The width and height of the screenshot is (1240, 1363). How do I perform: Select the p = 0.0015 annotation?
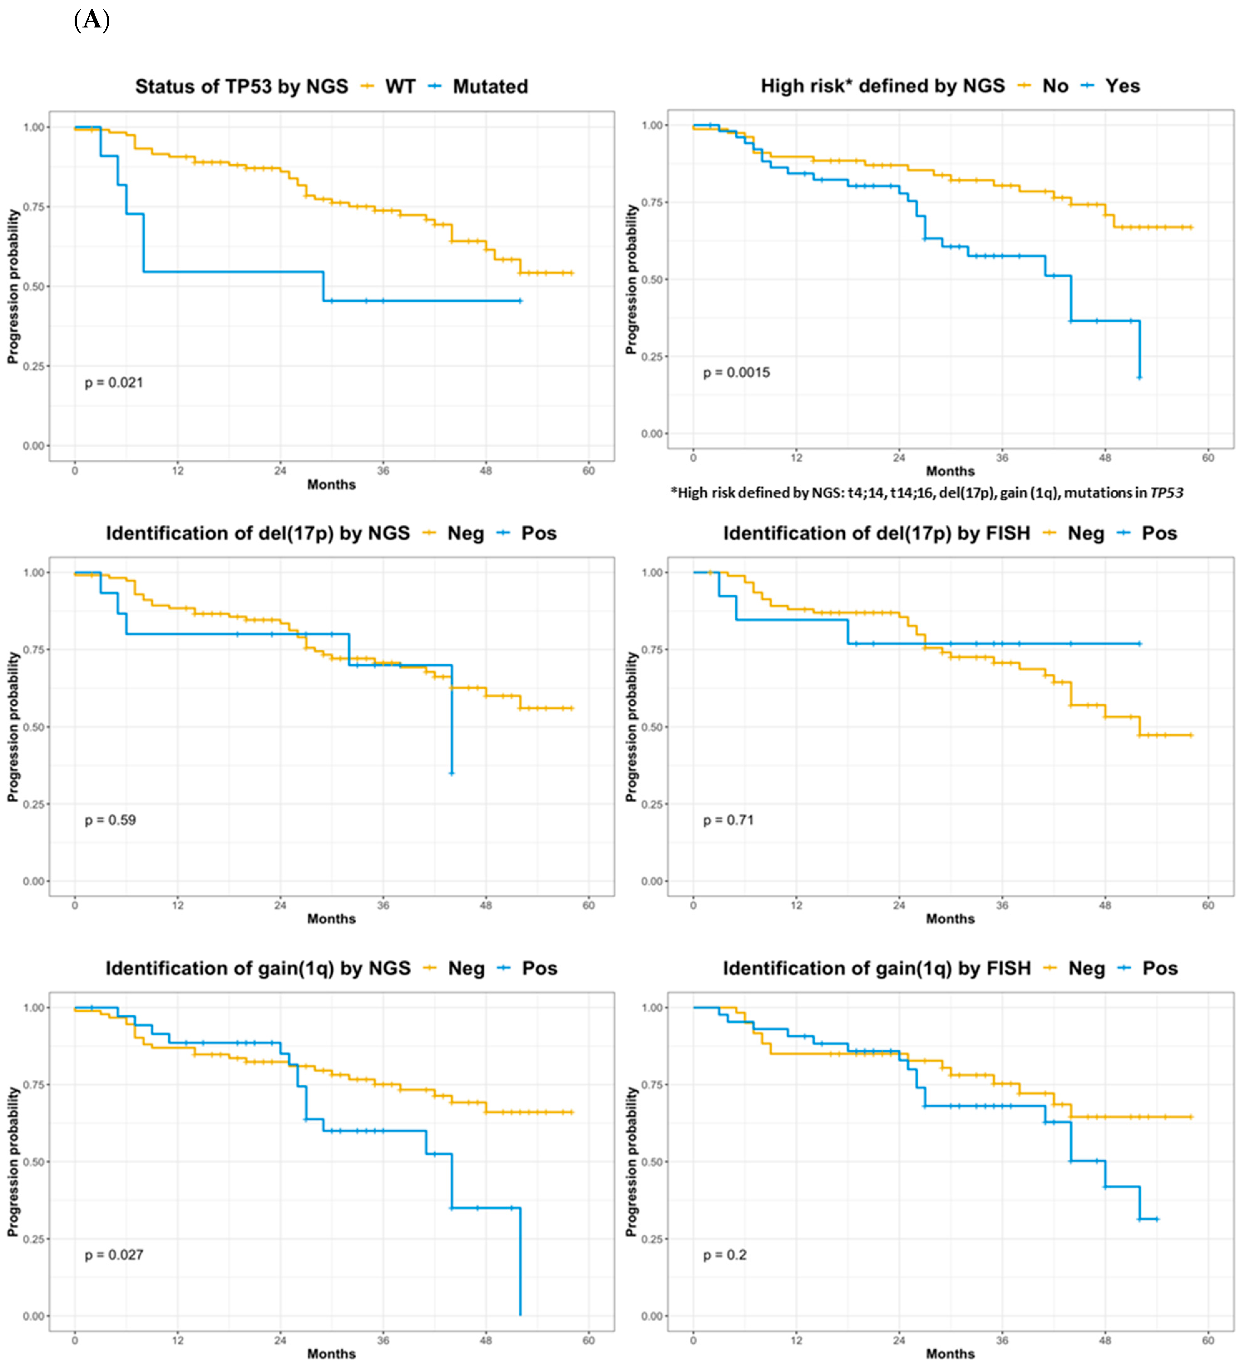[x=736, y=373]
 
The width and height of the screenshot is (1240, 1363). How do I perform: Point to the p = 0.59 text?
[x=110, y=820]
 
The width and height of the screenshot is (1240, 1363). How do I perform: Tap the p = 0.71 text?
[x=728, y=820]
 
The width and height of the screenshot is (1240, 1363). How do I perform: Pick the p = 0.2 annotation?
[x=725, y=1255]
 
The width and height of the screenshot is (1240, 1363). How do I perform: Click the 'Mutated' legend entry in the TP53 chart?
[x=490, y=87]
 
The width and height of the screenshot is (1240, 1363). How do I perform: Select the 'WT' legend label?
[x=400, y=87]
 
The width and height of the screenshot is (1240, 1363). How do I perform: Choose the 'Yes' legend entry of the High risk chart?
[x=1122, y=86]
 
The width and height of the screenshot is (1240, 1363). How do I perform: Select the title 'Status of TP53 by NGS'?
[x=241, y=87]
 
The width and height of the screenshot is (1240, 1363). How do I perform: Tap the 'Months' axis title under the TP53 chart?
[x=331, y=485]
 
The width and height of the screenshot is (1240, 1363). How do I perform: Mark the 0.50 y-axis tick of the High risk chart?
[x=652, y=279]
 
